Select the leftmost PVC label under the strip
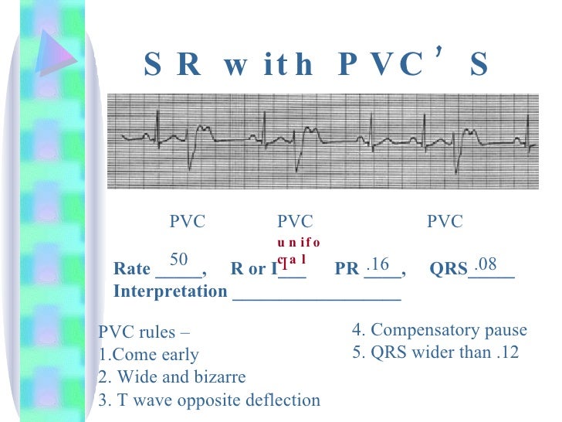click(188, 223)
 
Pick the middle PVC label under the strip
click(295, 223)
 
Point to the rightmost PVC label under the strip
click(445, 223)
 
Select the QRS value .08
click(486, 265)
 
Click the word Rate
click(132, 270)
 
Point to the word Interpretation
click(170, 292)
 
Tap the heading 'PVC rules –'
click(144, 333)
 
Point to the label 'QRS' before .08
click(448, 270)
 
